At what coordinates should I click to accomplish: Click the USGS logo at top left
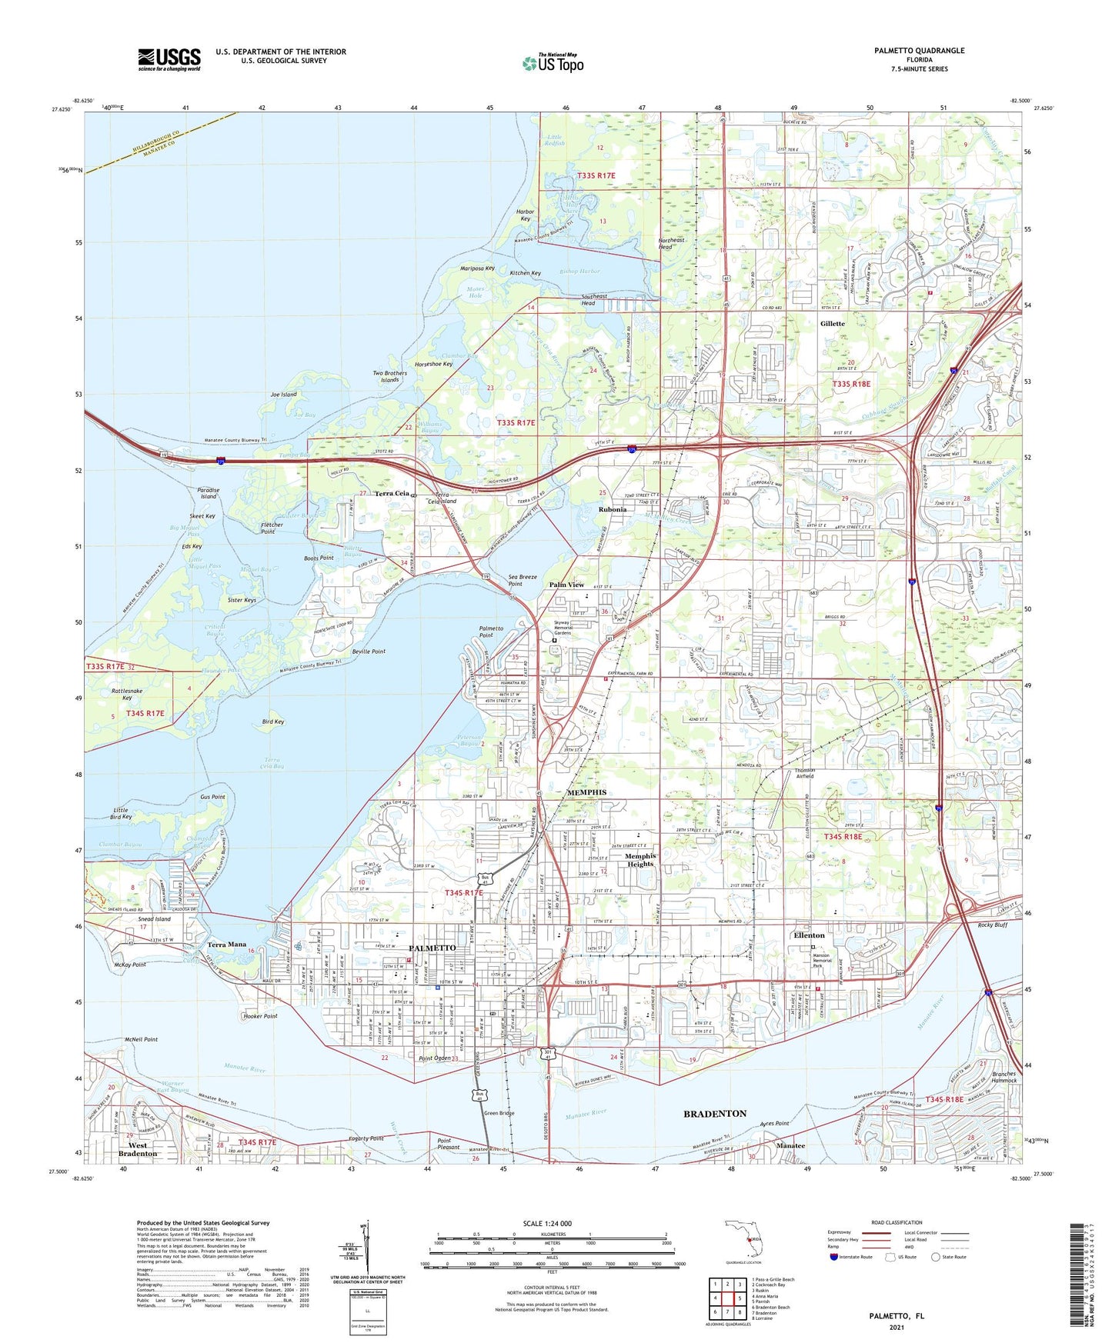pyautogui.click(x=169, y=59)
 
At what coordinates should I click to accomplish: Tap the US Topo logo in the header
pyautogui.click(x=553, y=64)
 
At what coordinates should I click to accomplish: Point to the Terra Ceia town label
pyautogui.click(x=391, y=493)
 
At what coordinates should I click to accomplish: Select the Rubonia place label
pyautogui.click(x=612, y=509)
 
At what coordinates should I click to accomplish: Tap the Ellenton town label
pyautogui.click(x=809, y=935)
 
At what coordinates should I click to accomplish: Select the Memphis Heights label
pyautogui.click(x=639, y=860)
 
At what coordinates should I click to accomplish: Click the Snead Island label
pyautogui.click(x=154, y=919)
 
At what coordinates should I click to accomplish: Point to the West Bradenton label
pyautogui.click(x=138, y=1149)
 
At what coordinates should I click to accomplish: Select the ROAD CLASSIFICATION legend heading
pyautogui.click(x=897, y=1222)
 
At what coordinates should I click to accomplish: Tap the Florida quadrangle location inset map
pyautogui.click(x=743, y=1239)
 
